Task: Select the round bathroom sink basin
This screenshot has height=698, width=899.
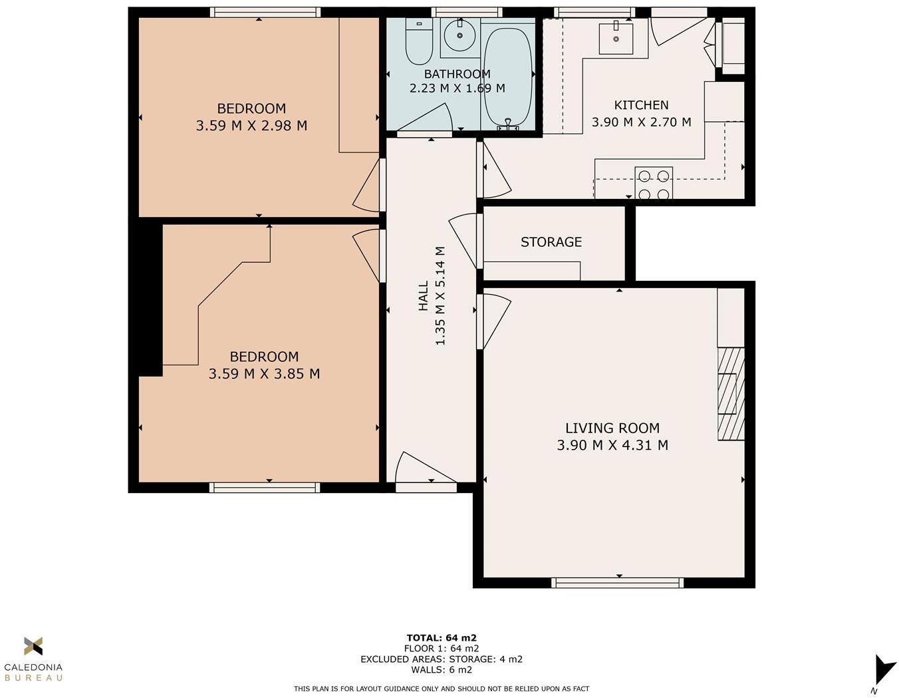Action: pos(459,35)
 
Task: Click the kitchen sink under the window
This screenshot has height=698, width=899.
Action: pos(616,38)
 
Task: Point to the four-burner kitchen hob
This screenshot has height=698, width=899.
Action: pos(654,184)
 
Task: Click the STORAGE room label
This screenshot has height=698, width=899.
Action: pos(551,242)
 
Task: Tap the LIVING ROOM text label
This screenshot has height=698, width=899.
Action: pos(612,429)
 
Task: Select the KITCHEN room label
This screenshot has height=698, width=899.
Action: pos(641,105)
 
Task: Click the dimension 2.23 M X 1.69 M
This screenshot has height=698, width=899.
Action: pos(457,88)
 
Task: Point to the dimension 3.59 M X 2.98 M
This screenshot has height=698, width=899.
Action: pos(251,126)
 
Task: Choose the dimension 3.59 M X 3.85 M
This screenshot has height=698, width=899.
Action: pos(264,374)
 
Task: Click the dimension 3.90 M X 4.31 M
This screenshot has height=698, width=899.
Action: pos(612,445)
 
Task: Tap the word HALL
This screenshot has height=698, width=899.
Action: pos(424,296)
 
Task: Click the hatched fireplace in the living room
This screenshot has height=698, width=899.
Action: pos(731,394)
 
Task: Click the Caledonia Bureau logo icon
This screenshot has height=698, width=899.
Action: pos(33,646)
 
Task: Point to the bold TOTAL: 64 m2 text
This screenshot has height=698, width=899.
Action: pos(442,637)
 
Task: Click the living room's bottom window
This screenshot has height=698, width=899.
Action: pos(617,583)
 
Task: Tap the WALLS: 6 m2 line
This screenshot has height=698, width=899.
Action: pos(442,670)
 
